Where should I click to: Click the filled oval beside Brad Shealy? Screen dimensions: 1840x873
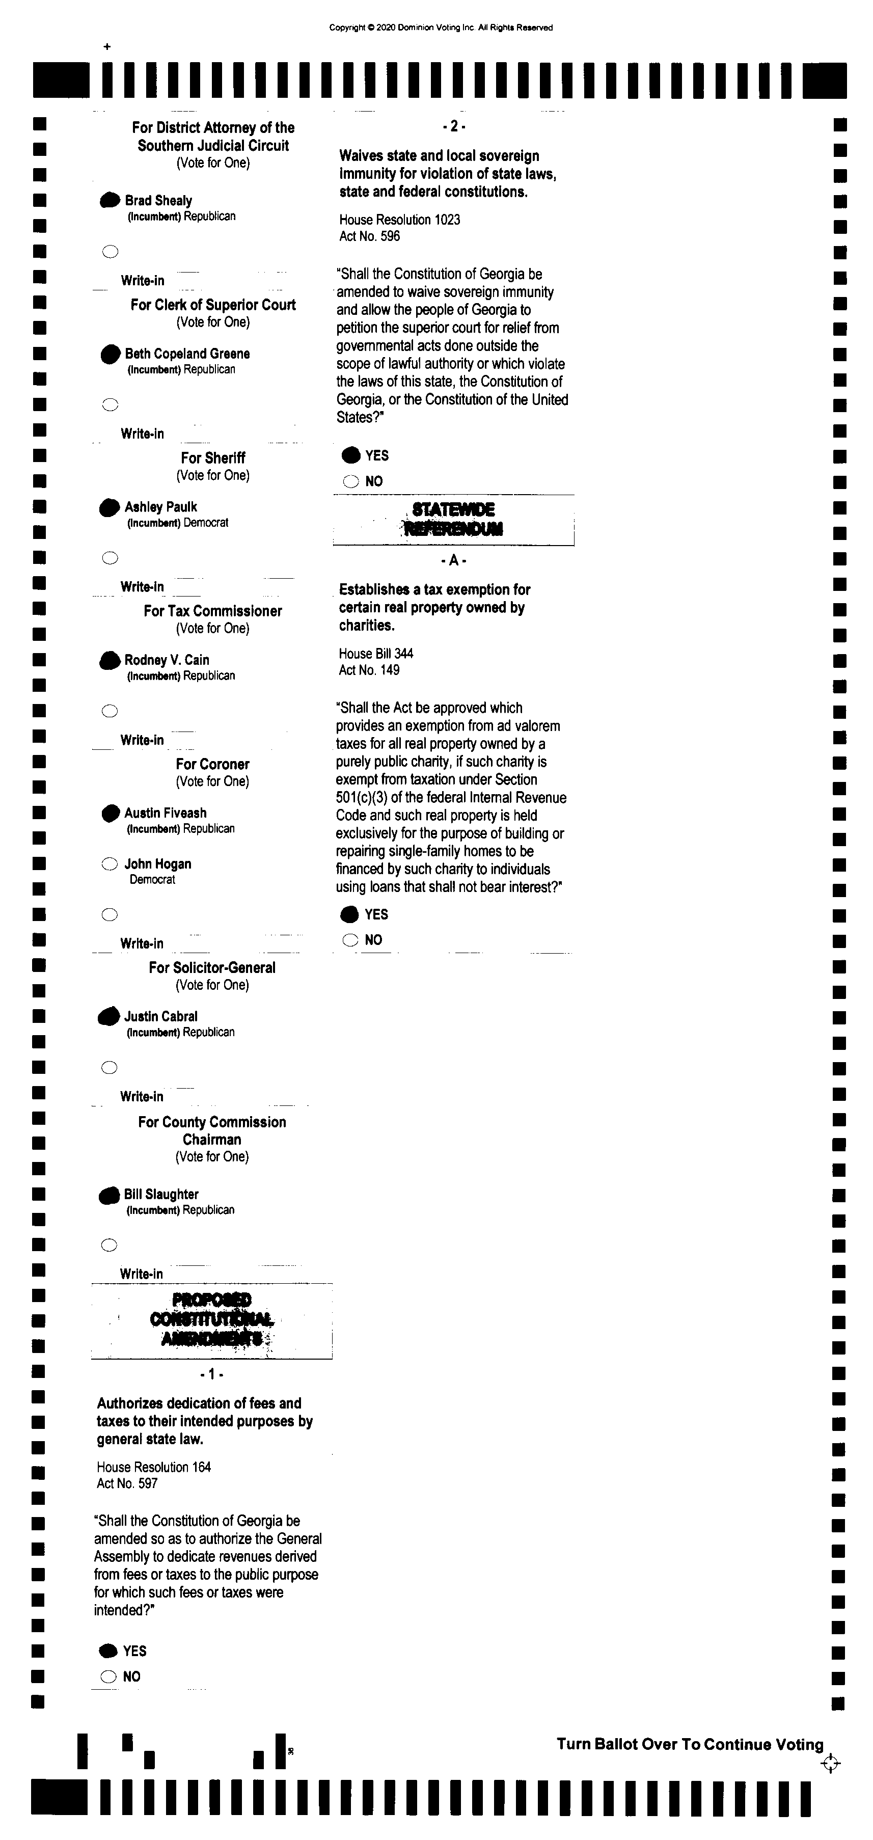point(110,201)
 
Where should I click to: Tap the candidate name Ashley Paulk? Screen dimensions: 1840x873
point(161,507)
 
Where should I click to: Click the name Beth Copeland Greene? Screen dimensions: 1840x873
point(187,354)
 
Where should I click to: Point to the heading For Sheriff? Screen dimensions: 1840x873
point(213,458)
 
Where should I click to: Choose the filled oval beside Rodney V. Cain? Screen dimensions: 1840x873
point(110,661)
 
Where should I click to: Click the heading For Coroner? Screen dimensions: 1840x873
point(213,764)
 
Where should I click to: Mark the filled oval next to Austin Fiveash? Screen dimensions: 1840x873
point(110,814)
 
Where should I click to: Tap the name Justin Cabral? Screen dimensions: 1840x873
point(161,1016)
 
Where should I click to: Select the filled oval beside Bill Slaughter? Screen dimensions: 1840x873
point(110,1195)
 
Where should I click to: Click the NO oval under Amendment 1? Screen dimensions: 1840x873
point(108,1676)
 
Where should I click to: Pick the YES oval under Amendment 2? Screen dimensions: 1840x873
point(351,456)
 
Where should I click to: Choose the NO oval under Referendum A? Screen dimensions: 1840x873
point(350,940)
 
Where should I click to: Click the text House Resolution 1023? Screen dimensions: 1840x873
point(399,220)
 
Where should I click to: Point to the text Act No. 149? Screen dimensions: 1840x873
point(369,670)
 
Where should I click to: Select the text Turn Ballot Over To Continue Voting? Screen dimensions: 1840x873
point(690,1744)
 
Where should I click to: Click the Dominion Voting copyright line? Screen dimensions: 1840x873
point(441,28)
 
